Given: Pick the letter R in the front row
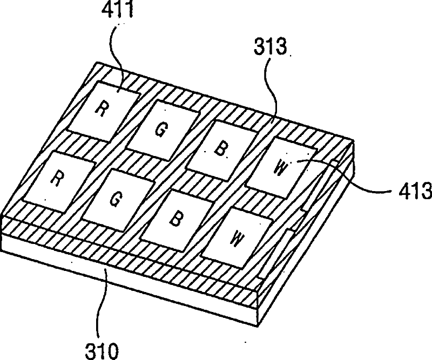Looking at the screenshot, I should (55, 179).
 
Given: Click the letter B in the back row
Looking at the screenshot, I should (219, 148).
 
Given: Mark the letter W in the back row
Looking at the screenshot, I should (280, 166).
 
